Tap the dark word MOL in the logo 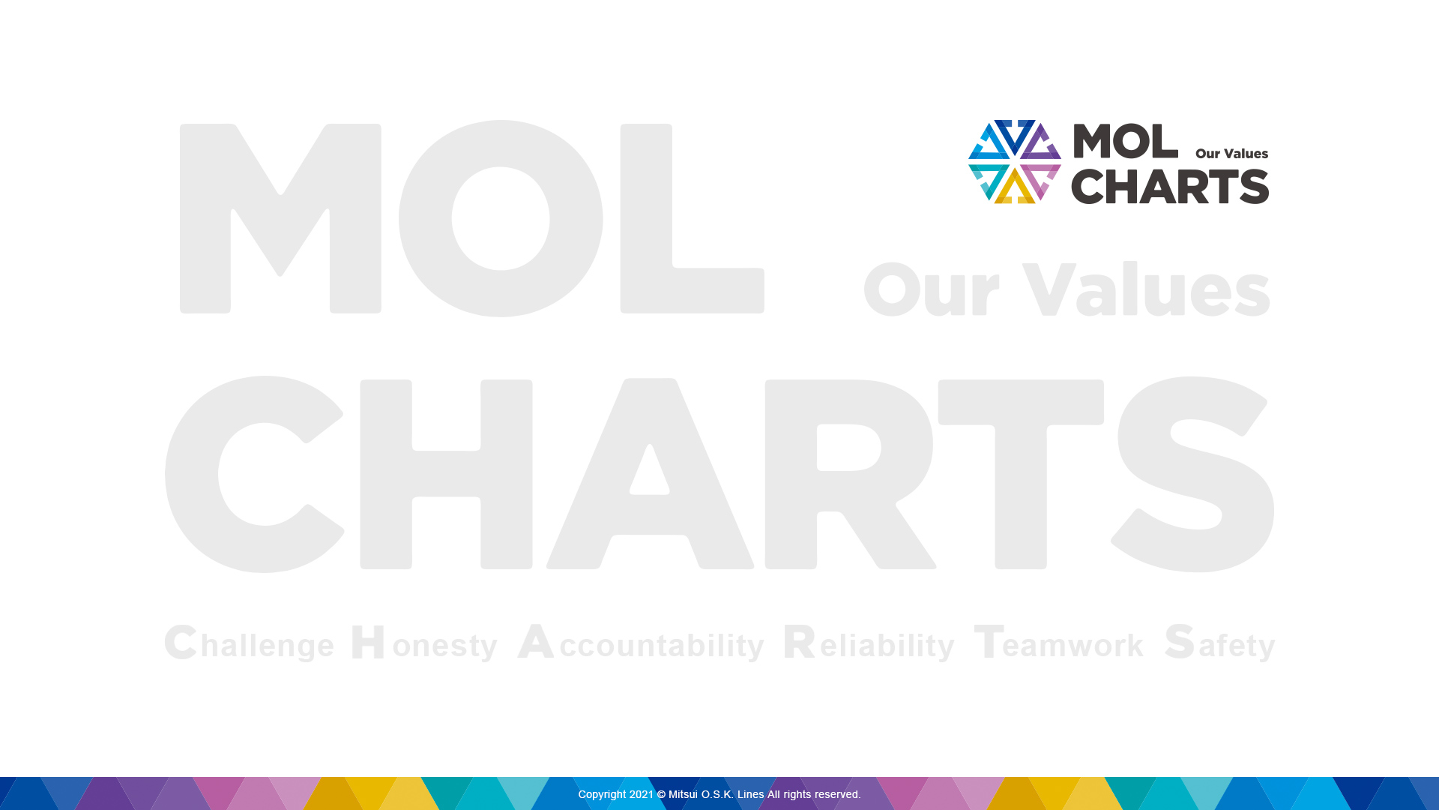coord(1125,141)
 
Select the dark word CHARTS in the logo coord(1170,186)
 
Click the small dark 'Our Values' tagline coord(1231,154)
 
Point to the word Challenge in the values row coord(249,643)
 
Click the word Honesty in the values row coord(424,643)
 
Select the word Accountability coord(641,643)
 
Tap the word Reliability coord(869,643)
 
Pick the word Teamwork coord(1059,643)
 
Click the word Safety coord(1220,643)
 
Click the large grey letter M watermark coord(280,218)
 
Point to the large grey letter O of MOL coord(501,218)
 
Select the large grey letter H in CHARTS coord(446,474)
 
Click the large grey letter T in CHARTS coord(1021,474)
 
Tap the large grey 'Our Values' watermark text coord(1067,289)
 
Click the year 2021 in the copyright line coord(642,794)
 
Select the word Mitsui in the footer coord(683,794)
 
